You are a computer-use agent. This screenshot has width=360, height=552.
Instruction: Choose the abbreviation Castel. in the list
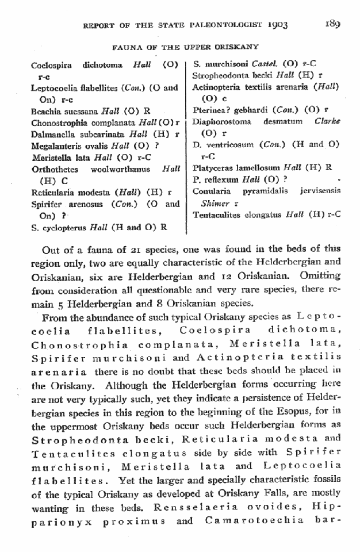(x=261, y=64)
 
